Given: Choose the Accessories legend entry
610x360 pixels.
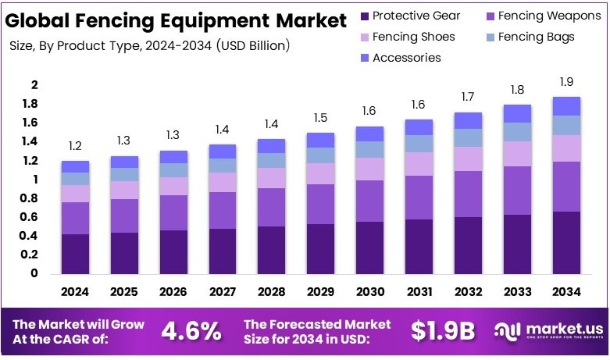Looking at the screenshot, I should click(400, 58).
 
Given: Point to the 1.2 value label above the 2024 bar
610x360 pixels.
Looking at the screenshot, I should click(76, 146).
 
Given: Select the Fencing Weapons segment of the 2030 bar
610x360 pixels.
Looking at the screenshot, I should click(369, 201).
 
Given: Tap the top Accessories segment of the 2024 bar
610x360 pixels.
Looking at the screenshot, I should click(76, 166).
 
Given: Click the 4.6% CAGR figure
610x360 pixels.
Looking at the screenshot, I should click(191, 331).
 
